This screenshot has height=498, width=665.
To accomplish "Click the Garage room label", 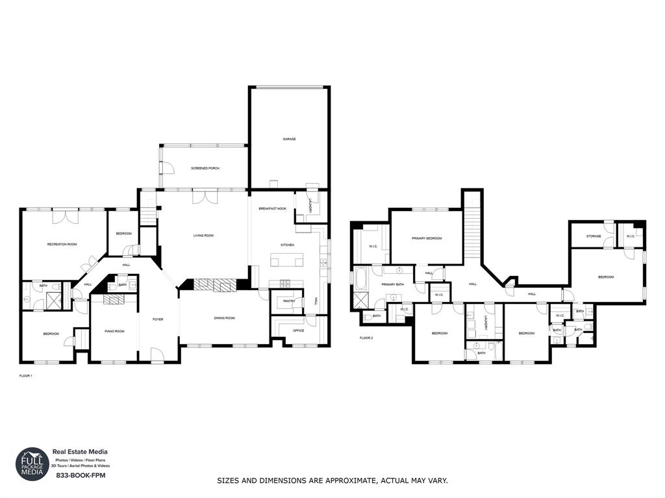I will coord(289,139).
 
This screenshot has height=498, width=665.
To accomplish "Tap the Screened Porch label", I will coord(205,168).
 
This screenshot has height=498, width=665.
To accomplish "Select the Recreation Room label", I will coord(62,244).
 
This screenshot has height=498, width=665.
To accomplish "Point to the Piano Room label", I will coord(114,331).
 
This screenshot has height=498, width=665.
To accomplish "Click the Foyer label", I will coord(158,319).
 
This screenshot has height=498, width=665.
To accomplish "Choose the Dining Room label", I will coord(225,318).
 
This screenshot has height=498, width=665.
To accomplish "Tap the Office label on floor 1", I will coord(298,330).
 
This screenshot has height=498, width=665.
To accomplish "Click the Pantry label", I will coord(289,301).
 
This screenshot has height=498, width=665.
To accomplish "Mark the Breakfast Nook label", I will coord(273,208).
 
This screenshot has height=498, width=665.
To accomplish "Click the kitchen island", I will coord(287,261).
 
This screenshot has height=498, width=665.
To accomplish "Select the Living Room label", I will coord(203,235).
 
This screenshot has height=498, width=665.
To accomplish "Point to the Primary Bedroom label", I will coord(427,238).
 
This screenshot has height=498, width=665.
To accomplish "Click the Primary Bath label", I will coord(392,284).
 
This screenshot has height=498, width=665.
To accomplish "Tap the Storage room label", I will coord(593,236).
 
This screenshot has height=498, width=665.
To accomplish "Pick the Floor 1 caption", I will coord(26,376).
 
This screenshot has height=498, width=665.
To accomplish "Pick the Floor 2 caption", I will coord(367,338).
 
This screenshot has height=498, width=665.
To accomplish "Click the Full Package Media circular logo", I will coord(32,464).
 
